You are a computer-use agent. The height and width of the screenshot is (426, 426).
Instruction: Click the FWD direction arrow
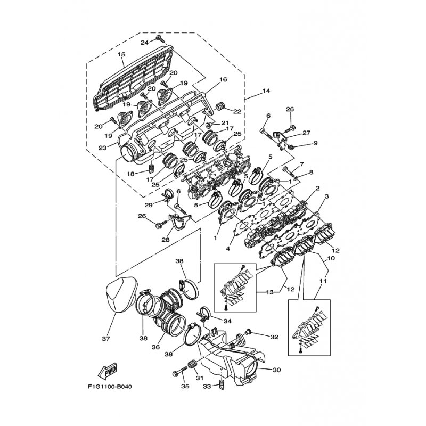[108, 371]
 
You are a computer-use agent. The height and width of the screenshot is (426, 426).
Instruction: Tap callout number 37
[106, 339]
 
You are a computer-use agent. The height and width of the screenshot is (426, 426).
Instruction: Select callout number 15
[121, 54]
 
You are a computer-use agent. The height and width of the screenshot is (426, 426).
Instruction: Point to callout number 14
[266, 91]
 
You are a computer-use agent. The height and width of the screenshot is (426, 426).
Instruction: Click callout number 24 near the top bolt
[144, 43]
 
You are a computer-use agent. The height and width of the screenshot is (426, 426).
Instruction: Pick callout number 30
[276, 370]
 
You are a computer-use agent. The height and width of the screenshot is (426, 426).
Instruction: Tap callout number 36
[156, 347]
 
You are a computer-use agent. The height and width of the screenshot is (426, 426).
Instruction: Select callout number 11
[323, 282]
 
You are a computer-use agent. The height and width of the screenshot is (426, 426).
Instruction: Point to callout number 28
[166, 240]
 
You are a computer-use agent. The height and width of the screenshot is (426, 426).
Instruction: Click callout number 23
[102, 148]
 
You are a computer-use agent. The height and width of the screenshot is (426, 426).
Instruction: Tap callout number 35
[185, 386]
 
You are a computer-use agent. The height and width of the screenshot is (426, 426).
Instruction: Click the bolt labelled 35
[180, 372]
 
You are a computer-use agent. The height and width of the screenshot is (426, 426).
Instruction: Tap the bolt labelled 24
[159, 38]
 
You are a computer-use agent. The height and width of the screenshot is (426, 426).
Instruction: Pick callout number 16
[223, 79]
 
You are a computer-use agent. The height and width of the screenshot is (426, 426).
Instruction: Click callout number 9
[315, 143]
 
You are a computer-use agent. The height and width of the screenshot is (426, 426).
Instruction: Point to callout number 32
[274, 337]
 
